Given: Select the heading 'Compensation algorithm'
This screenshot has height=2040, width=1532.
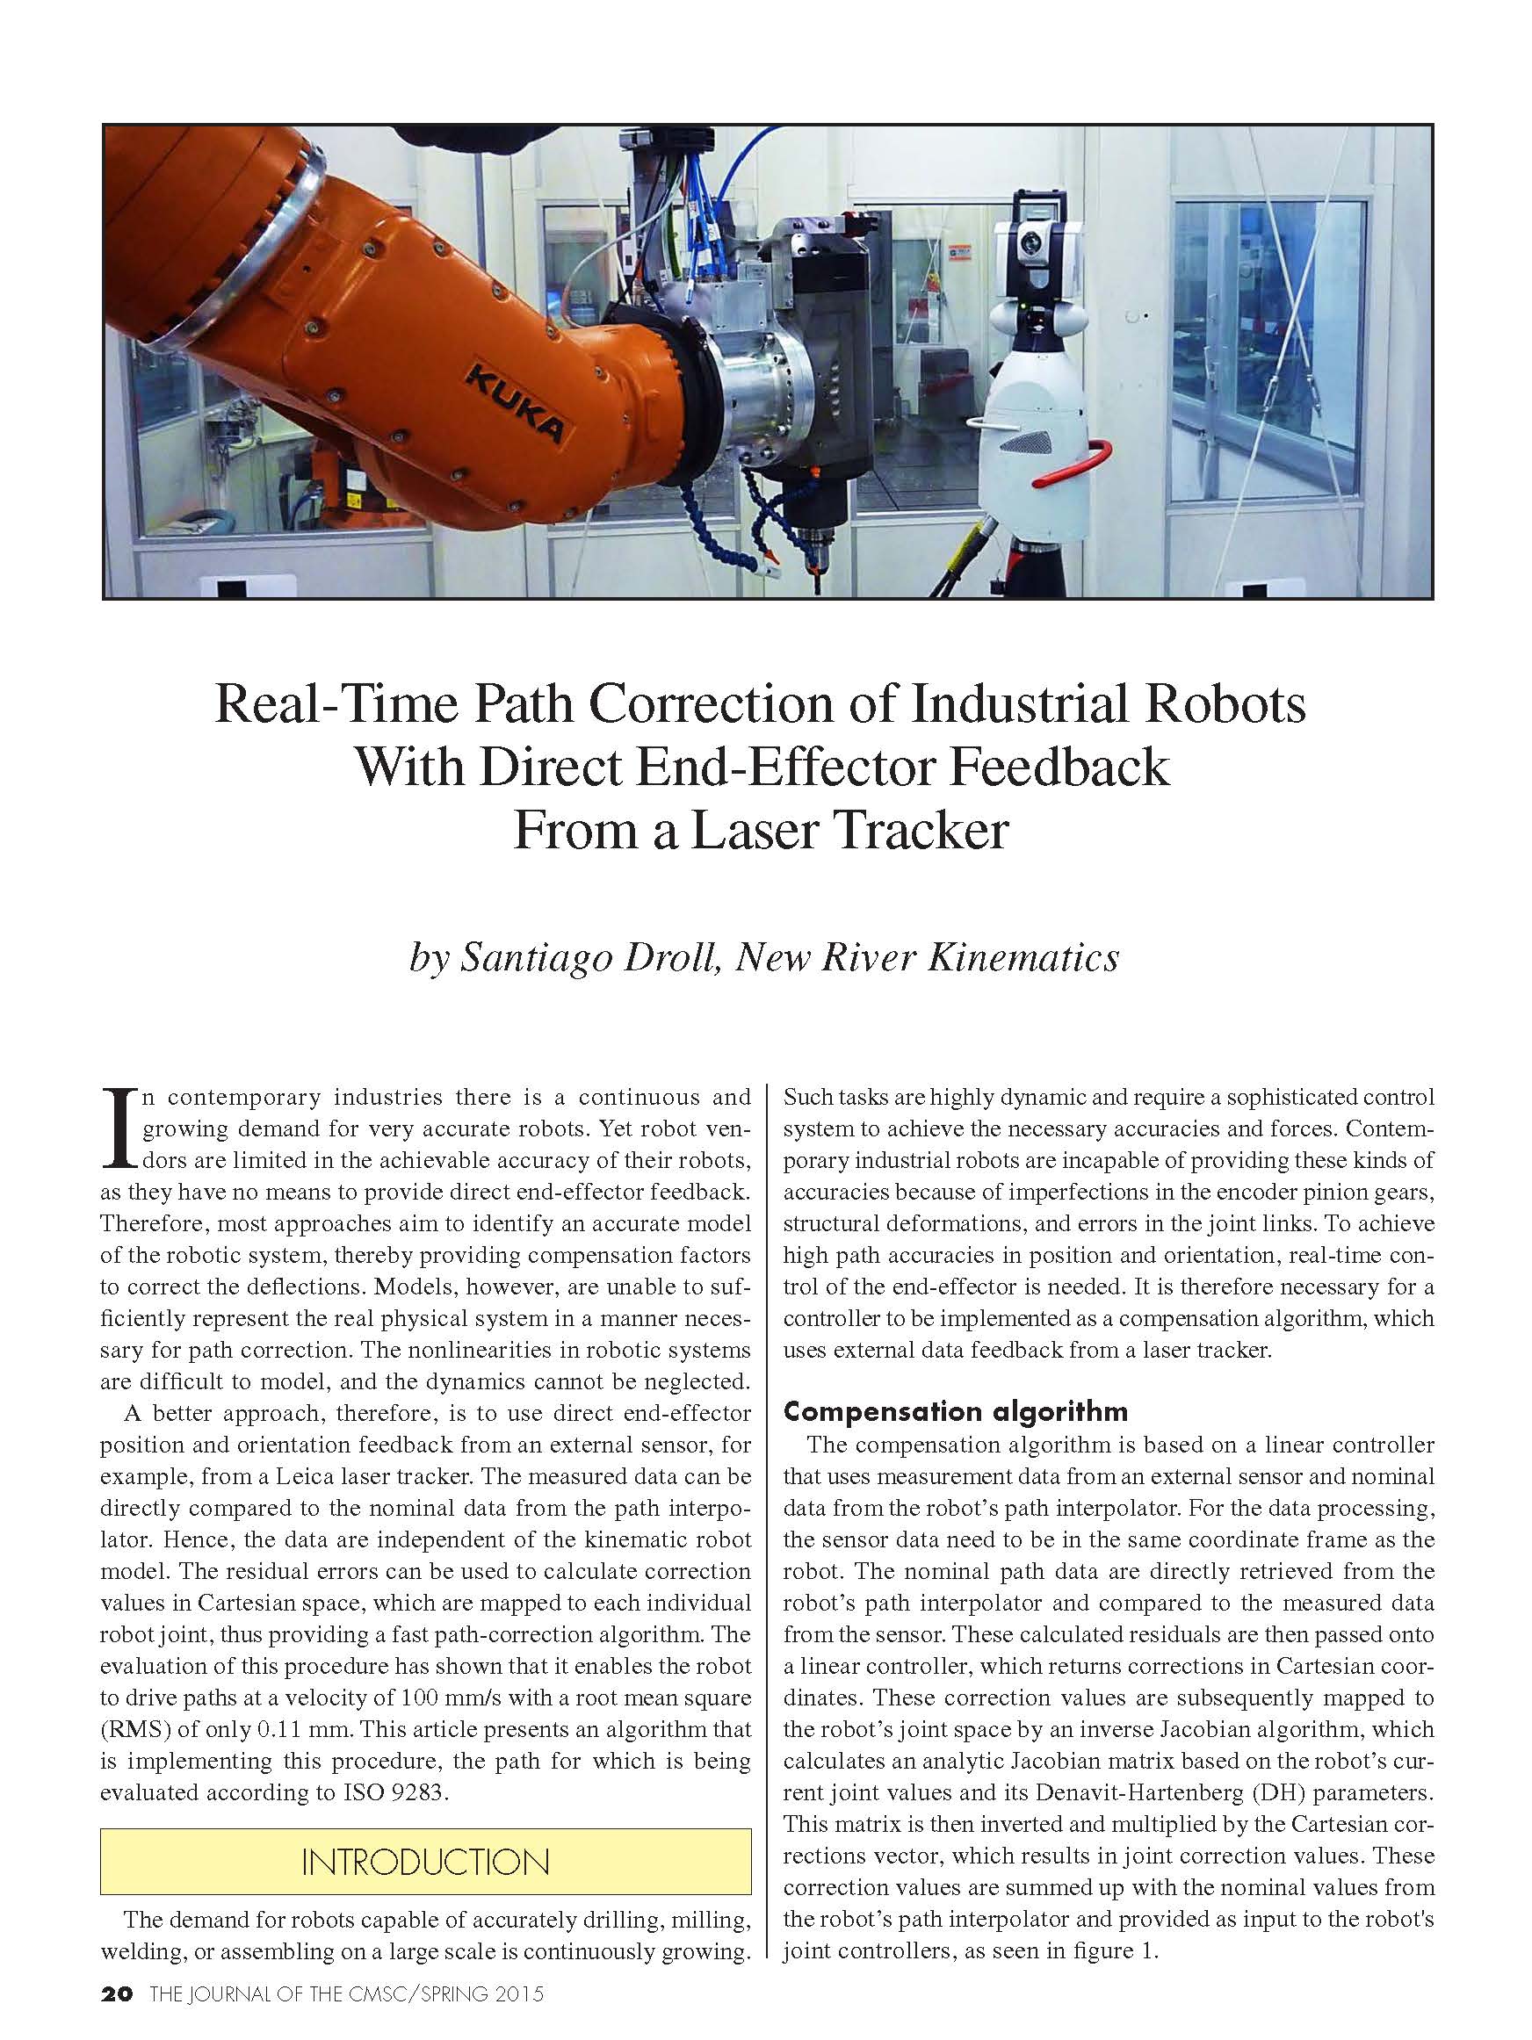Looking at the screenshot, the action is pyautogui.click(x=956, y=1411).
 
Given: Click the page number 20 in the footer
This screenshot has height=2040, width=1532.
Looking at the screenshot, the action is pyautogui.click(x=117, y=1993).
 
